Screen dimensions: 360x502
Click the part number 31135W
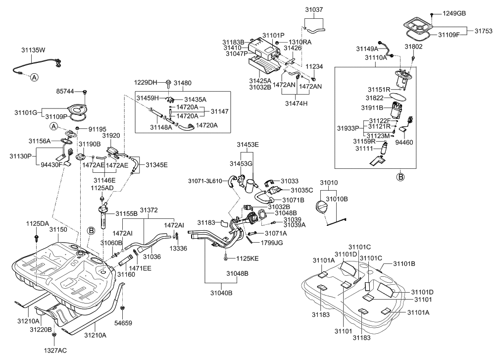click(33, 50)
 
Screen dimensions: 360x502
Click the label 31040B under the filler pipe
click(222, 293)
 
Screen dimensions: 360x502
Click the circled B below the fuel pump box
click(401, 176)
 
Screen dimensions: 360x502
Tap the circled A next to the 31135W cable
click(34, 77)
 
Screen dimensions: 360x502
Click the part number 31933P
click(348, 128)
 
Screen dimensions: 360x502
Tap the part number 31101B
click(404, 263)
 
